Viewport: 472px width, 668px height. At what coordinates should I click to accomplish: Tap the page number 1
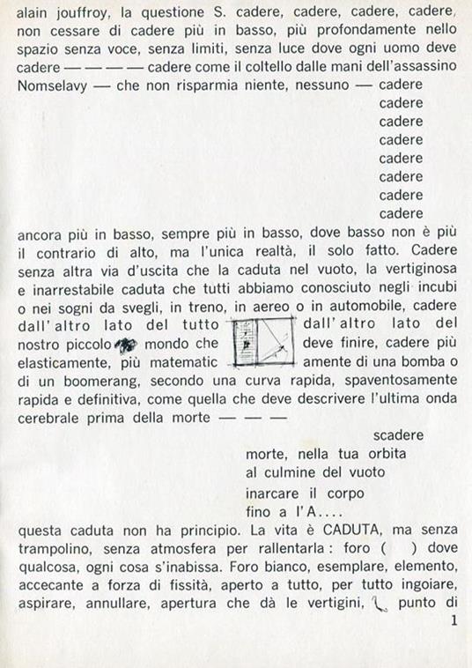[453, 621]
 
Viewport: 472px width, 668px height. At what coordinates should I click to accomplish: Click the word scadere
[398, 435]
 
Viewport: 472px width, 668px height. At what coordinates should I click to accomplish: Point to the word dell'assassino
[379, 66]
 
